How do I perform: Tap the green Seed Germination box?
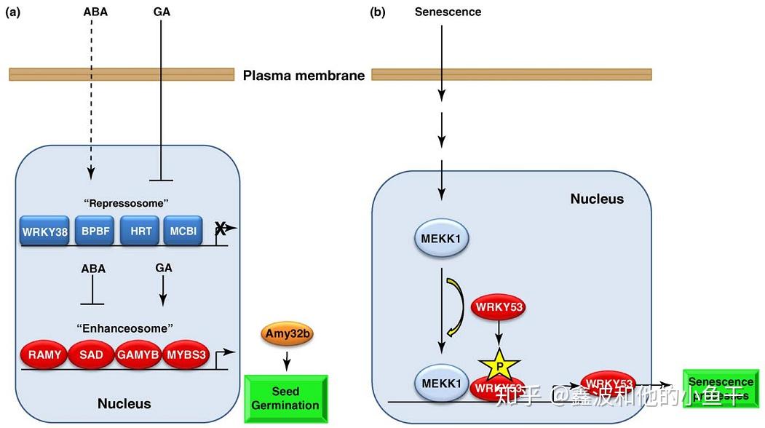coord(285,399)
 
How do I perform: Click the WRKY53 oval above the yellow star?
coord(499,307)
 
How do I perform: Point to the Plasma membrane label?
coord(304,75)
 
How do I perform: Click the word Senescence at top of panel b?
coord(448,12)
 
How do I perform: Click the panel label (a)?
coord(12,12)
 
